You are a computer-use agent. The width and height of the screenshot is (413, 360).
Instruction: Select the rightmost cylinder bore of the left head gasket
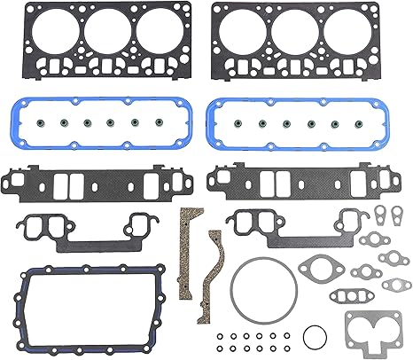159,30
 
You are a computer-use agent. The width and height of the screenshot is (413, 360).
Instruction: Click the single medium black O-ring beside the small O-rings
311,338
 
